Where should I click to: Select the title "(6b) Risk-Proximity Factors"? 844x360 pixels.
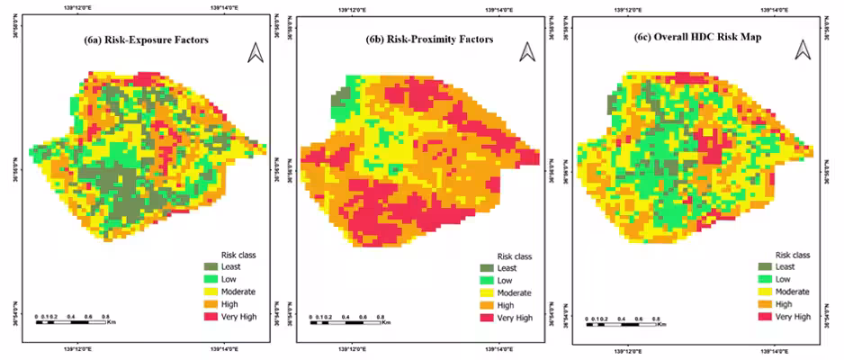[429, 40]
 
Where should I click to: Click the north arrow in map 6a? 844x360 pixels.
[255, 54]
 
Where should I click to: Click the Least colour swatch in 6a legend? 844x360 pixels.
[211, 267]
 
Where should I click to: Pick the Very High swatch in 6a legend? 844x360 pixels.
[211, 317]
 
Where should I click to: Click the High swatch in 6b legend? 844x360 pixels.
[487, 306]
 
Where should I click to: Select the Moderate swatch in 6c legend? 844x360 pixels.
[765, 292]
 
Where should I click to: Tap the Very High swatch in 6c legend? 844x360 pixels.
[765, 317]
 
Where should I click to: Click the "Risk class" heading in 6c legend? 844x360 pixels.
[793, 255]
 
